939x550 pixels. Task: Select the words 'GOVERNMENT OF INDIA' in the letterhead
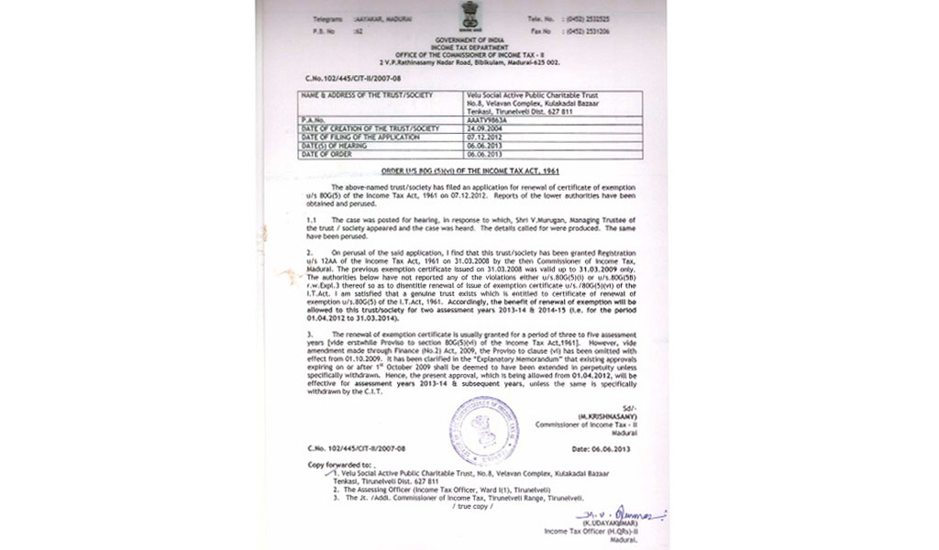click(464, 42)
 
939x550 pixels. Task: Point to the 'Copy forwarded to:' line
click(334, 466)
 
